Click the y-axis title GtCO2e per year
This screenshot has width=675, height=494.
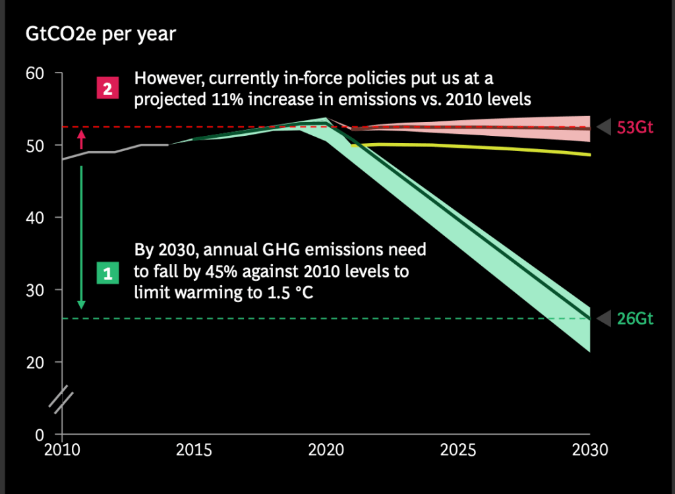[x=101, y=34]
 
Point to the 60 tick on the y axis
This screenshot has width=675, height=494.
[x=34, y=73]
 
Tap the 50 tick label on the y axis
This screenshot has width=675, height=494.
[x=34, y=145]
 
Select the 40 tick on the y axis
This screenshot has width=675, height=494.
[x=34, y=218]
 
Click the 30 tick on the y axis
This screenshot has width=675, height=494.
[x=34, y=290]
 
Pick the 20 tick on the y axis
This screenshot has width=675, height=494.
[x=34, y=362]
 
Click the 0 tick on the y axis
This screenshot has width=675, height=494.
[x=38, y=435]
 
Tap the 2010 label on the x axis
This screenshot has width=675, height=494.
[x=62, y=450]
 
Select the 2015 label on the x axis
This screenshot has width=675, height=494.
[x=194, y=450]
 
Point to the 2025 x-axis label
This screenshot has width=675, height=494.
[x=458, y=450]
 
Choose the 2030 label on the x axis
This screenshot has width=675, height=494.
[x=589, y=450]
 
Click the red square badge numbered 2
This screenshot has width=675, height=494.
[x=107, y=88]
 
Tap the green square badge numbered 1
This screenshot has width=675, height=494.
[x=107, y=272]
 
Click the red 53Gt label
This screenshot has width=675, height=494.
[x=635, y=128]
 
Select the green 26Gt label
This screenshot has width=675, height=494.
[x=635, y=319]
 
